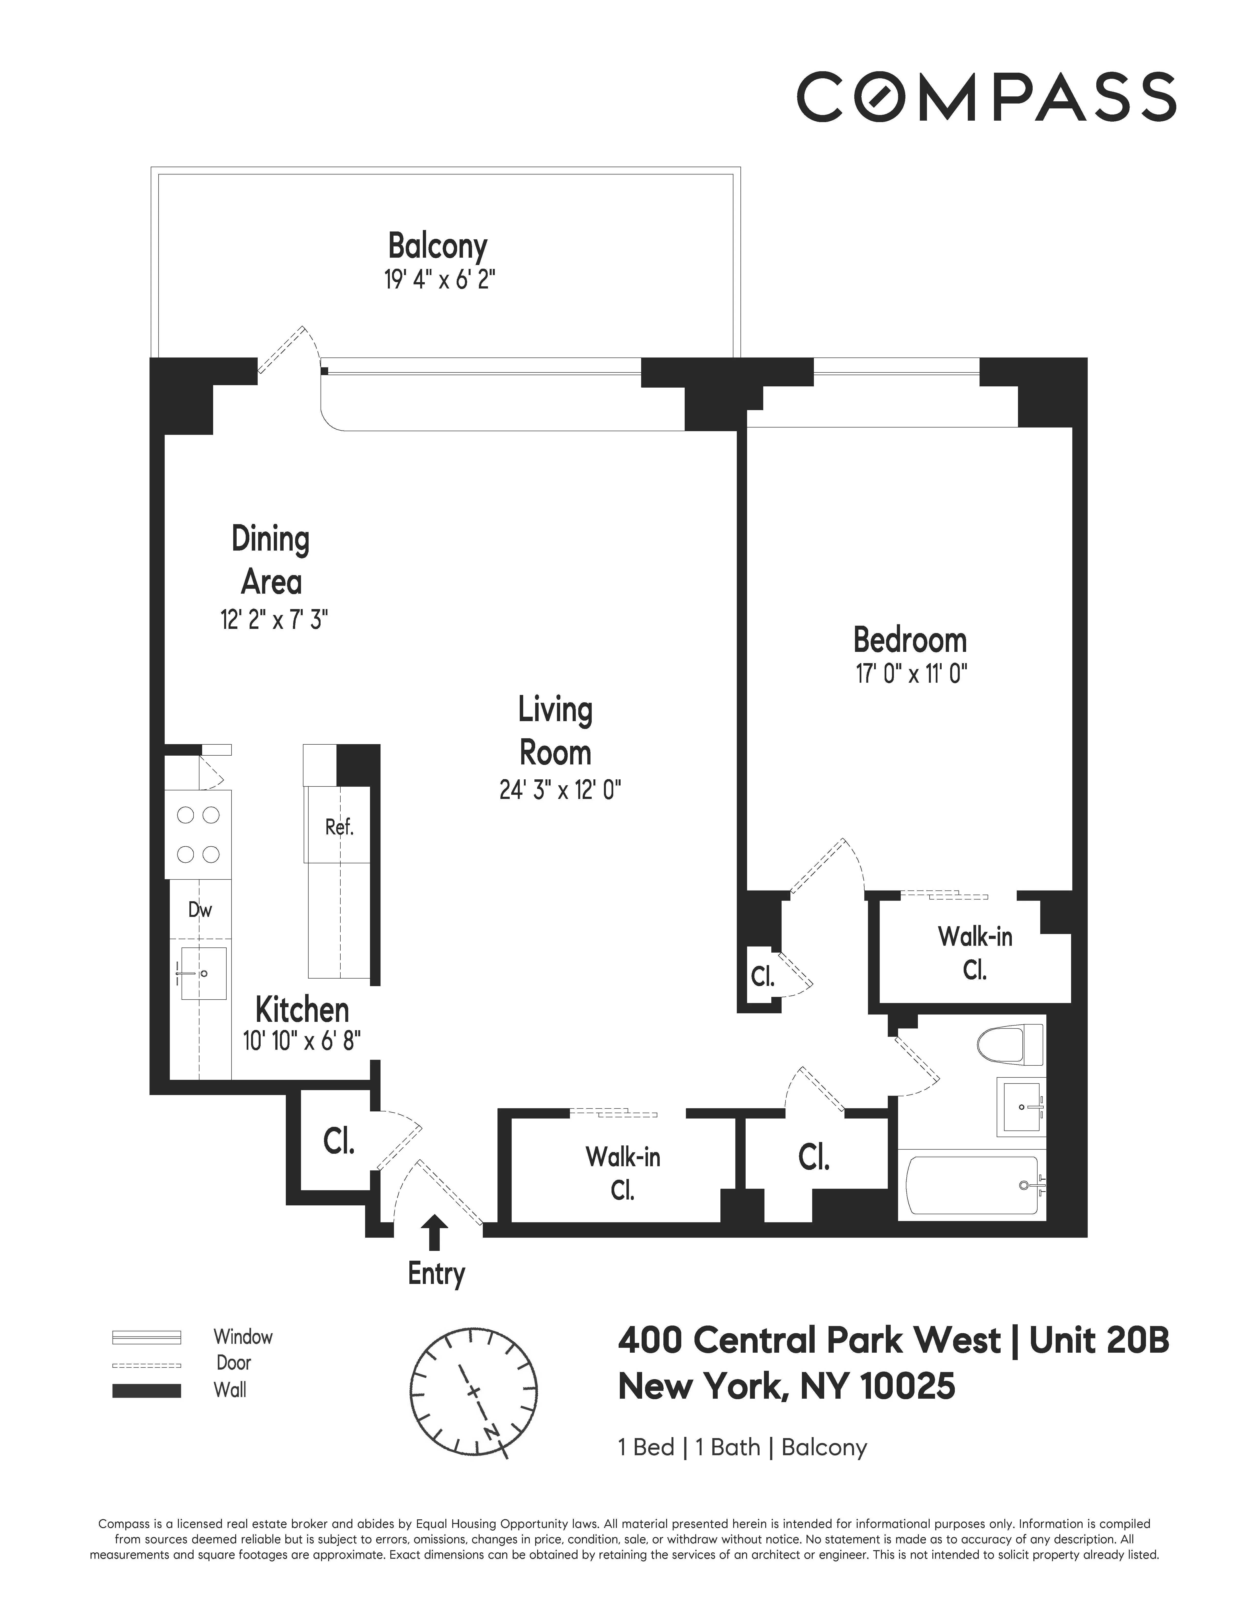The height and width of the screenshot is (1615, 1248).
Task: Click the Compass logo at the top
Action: click(x=985, y=96)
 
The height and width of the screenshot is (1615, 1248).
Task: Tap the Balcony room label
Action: click(x=438, y=246)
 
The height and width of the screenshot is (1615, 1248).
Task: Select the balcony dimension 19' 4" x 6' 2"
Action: click(x=439, y=280)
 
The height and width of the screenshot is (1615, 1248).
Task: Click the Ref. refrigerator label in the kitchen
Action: click(x=339, y=827)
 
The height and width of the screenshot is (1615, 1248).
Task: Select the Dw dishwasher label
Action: click(x=200, y=910)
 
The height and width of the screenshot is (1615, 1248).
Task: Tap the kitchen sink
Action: click(x=201, y=973)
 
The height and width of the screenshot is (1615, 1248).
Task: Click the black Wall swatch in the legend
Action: click(x=146, y=1390)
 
